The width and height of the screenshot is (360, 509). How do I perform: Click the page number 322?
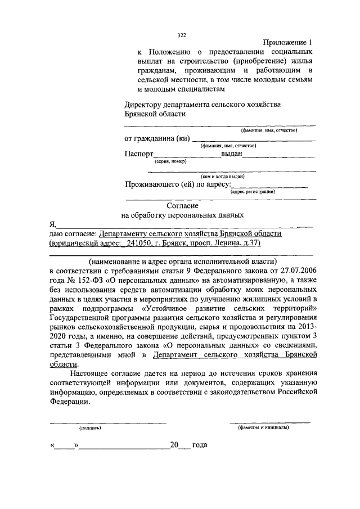click(x=182, y=35)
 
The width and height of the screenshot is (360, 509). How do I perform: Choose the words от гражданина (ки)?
click(x=156, y=139)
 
